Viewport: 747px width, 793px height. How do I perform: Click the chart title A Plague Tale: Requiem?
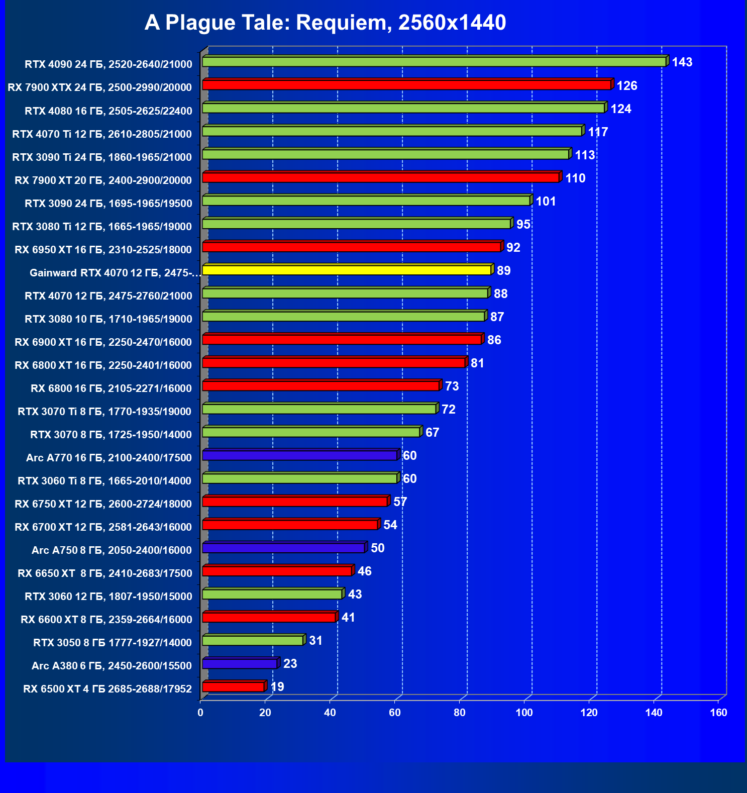pyautogui.click(x=325, y=23)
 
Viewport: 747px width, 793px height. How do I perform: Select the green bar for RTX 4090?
pyautogui.click(x=434, y=62)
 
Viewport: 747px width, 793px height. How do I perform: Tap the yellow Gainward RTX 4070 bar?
pyautogui.click(x=347, y=270)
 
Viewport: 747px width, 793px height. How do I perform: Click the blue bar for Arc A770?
pyautogui.click(x=300, y=455)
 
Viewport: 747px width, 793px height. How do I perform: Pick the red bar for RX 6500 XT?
pyautogui.click(x=233, y=686)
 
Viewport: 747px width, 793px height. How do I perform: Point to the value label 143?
pyautogui.click(x=682, y=62)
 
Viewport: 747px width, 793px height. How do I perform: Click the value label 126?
pyautogui.click(x=626, y=86)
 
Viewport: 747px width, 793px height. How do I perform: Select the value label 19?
pyautogui.click(x=277, y=687)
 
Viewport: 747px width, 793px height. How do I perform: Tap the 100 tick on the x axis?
pyautogui.click(x=524, y=713)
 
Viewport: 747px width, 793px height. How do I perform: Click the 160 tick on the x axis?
pyautogui.click(x=718, y=713)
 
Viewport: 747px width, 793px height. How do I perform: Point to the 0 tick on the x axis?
pyautogui.click(x=200, y=713)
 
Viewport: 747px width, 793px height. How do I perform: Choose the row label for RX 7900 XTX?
pyautogui.click(x=99, y=87)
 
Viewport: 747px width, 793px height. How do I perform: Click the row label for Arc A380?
pyautogui.click(x=112, y=666)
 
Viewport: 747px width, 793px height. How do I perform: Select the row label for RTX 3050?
pyautogui.click(x=113, y=643)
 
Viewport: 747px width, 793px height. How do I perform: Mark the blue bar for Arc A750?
pyautogui.click(x=283, y=548)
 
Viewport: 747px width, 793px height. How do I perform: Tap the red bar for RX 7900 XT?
pyautogui.click(x=380, y=177)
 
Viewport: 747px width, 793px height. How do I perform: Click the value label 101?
pyautogui.click(x=546, y=202)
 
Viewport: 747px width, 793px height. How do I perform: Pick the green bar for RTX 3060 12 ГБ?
pyautogui.click(x=272, y=594)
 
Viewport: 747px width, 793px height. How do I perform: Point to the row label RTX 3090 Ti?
pyautogui.click(x=102, y=157)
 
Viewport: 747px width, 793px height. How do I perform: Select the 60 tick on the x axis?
pyautogui.click(x=394, y=713)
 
